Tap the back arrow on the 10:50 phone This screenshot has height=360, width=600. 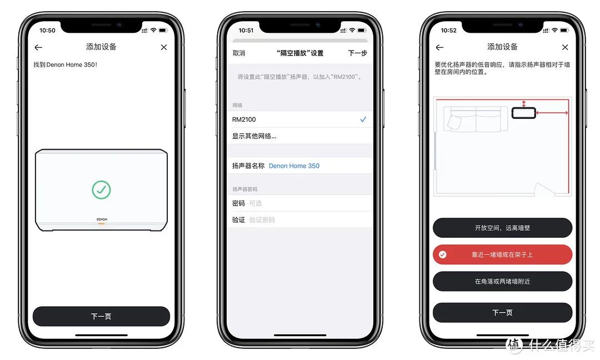coord(38,47)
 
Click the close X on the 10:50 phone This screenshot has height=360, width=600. coord(164,47)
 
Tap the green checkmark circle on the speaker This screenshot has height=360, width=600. coord(102,190)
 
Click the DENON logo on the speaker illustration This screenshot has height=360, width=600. coord(102,219)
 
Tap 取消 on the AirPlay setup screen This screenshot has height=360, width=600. coord(239,53)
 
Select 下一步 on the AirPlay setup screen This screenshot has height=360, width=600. coord(357,53)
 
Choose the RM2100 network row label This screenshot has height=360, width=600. coord(244,119)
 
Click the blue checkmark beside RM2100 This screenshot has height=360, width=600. coord(363,119)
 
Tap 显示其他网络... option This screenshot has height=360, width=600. coord(254,136)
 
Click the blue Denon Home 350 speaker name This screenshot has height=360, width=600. coord(294,166)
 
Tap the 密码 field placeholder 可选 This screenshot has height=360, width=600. coord(255,203)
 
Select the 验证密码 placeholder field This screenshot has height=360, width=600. coord(262,220)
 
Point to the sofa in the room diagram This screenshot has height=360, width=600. coord(476,119)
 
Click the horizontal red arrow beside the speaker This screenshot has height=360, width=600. coord(552,113)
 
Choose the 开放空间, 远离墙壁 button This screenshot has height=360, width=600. coord(502,228)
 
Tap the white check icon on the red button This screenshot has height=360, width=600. coord(443,255)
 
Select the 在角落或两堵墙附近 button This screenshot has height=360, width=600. coord(502,282)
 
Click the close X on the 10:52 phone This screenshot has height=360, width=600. coord(565,47)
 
